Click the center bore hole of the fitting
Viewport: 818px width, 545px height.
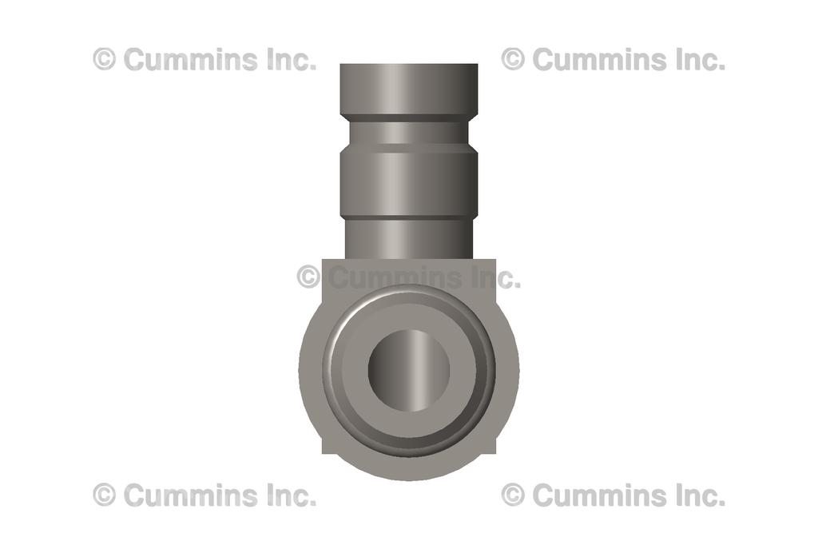click(x=408, y=370)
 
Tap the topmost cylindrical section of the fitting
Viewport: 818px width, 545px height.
click(x=408, y=88)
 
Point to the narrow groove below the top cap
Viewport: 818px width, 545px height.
click(x=408, y=129)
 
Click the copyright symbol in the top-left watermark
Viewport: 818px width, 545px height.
click(x=104, y=59)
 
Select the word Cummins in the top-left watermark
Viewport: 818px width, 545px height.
click(x=191, y=59)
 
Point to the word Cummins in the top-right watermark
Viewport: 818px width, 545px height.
click(x=599, y=59)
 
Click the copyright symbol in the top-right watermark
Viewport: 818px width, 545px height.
click(x=513, y=59)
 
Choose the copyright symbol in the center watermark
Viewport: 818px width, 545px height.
click(x=308, y=277)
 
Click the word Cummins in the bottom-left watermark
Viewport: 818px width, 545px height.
click(x=191, y=495)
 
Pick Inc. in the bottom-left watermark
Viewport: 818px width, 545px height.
click(x=288, y=495)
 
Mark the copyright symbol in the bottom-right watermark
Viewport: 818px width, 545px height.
click(x=513, y=495)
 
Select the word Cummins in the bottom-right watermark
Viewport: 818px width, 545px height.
click(x=599, y=495)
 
